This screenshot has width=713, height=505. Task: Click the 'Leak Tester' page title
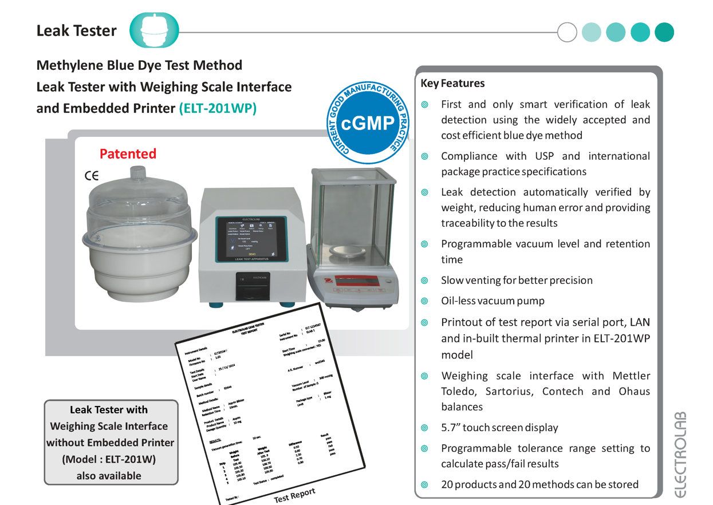coord(76,31)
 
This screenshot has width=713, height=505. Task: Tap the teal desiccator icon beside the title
coord(154,30)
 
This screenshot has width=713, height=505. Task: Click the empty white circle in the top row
coord(567,32)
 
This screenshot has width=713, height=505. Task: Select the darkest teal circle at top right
coord(664,32)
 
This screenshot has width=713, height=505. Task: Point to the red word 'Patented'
coord(128,153)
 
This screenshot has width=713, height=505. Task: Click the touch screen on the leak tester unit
coord(250,239)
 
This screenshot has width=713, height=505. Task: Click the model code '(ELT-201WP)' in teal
coord(218,108)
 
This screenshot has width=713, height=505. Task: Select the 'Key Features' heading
coord(452,83)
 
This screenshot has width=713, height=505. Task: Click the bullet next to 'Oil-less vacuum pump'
coord(424,301)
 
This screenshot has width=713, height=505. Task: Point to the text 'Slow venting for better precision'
coord(517,281)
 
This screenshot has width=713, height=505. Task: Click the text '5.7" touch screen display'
coord(499,428)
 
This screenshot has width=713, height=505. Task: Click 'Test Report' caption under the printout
coord(294,495)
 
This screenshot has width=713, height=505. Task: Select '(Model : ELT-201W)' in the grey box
coord(109,459)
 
